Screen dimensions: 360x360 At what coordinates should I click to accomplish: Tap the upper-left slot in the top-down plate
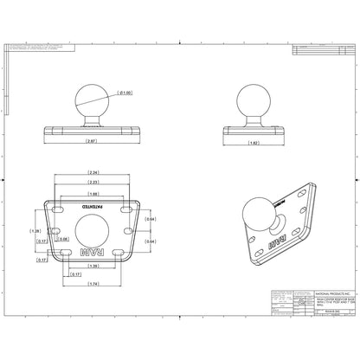click(x=61, y=210)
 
